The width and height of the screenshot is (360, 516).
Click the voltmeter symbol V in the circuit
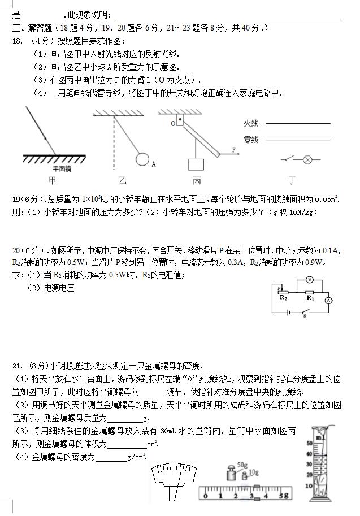[x=309, y=280]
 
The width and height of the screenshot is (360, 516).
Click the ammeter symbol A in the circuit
[x=327, y=301]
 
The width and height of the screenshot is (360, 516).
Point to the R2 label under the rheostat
[x=283, y=298]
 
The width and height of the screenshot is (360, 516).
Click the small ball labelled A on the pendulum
[x=144, y=159]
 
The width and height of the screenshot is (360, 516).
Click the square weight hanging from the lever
[x=196, y=164]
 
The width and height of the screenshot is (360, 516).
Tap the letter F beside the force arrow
[x=233, y=149]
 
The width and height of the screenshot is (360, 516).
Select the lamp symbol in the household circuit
[x=308, y=160]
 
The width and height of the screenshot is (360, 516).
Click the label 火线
[x=251, y=123]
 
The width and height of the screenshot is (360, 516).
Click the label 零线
[x=251, y=140]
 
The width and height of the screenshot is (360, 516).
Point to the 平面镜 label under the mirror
[x=62, y=168]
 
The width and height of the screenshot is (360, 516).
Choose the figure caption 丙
[x=196, y=181]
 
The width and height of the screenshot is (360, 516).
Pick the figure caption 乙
[x=123, y=181]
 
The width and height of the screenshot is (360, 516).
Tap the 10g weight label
[x=254, y=472]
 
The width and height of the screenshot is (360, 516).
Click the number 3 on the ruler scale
[x=250, y=496]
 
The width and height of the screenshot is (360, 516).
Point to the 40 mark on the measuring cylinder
[x=309, y=454]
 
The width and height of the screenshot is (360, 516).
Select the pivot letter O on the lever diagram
[x=174, y=122]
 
